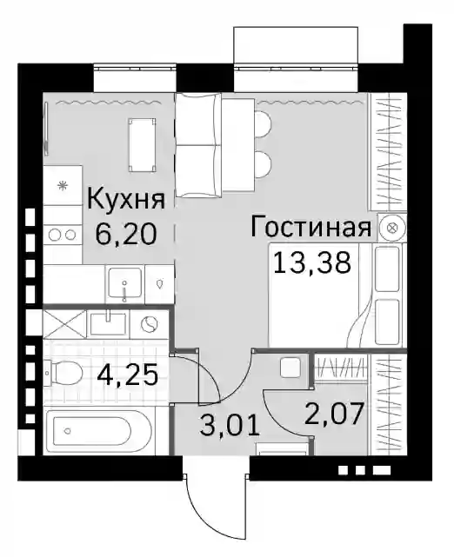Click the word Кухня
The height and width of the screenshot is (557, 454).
tap(126, 199)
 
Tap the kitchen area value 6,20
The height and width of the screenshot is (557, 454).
tap(126, 235)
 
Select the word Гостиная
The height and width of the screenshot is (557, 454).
tap(311, 227)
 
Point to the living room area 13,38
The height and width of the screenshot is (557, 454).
tap(311, 262)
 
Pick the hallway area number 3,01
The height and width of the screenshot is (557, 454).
tap(230, 425)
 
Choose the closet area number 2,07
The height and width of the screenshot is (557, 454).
tap(334, 414)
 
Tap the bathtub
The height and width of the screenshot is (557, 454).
tap(93, 430)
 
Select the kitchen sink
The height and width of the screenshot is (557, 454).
tap(124, 284)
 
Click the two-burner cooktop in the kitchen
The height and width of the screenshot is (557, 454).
tap(63, 235)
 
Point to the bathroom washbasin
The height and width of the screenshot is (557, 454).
tap(108, 323)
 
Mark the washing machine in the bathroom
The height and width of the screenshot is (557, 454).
tap(149, 324)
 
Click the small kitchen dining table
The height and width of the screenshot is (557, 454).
tap(143, 145)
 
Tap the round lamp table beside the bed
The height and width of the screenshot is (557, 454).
tap(392, 228)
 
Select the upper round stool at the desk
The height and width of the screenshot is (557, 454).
tap(264, 123)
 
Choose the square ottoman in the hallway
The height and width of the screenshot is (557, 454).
tap(290, 368)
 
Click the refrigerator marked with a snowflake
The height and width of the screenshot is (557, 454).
tap(63, 185)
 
